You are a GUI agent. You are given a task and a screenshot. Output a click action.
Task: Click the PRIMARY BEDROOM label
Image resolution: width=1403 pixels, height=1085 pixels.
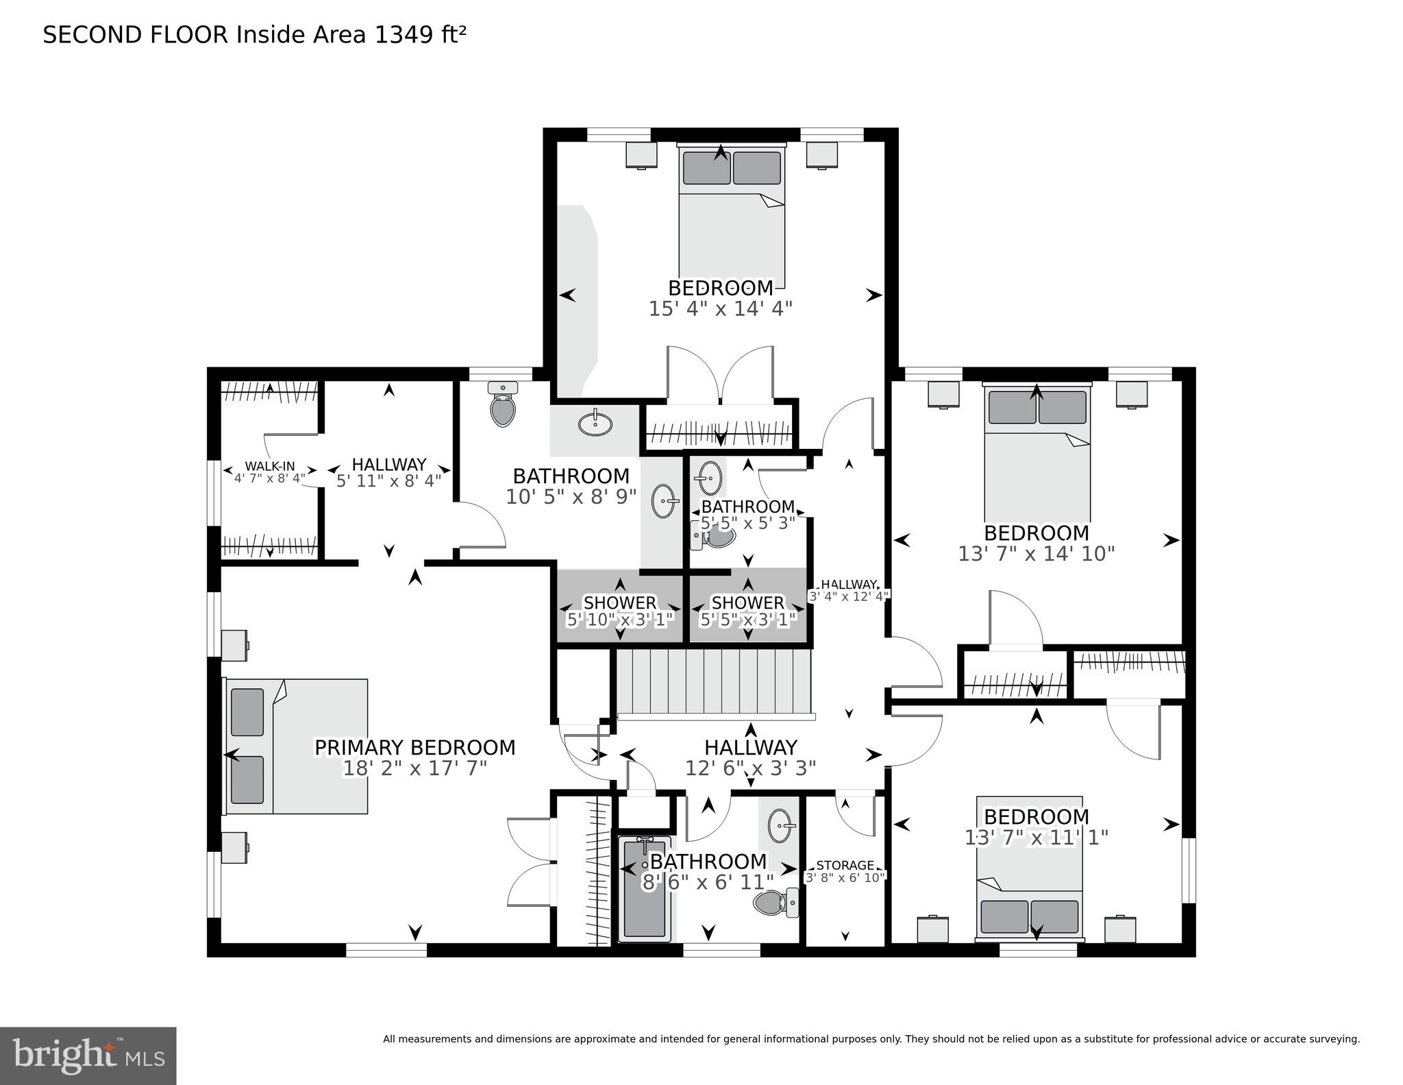(x=414, y=747)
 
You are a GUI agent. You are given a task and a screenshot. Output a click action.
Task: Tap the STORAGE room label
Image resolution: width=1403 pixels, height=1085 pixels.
(x=845, y=865)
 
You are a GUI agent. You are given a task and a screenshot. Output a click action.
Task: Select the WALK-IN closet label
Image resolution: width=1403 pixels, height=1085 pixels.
(x=270, y=466)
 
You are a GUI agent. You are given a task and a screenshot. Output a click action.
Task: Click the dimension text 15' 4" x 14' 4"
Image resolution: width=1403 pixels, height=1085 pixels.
(x=720, y=308)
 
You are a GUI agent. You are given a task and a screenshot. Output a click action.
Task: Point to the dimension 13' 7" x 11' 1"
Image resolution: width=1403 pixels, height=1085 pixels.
(x=1036, y=838)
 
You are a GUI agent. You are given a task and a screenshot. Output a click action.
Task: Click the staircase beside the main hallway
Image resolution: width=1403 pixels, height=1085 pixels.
(x=712, y=681)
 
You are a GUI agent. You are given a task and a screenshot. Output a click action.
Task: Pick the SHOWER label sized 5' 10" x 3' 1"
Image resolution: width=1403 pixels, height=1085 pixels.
(x=619, y=602)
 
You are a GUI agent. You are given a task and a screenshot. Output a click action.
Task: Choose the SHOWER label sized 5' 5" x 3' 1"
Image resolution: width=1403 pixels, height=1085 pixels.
(x=747, y=602)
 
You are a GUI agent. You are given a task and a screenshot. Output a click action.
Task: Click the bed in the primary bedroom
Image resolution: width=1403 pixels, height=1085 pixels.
(x=297, y=746)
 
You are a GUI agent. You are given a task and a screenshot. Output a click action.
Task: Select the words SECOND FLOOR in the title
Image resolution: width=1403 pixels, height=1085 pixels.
(x=135, y=34)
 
